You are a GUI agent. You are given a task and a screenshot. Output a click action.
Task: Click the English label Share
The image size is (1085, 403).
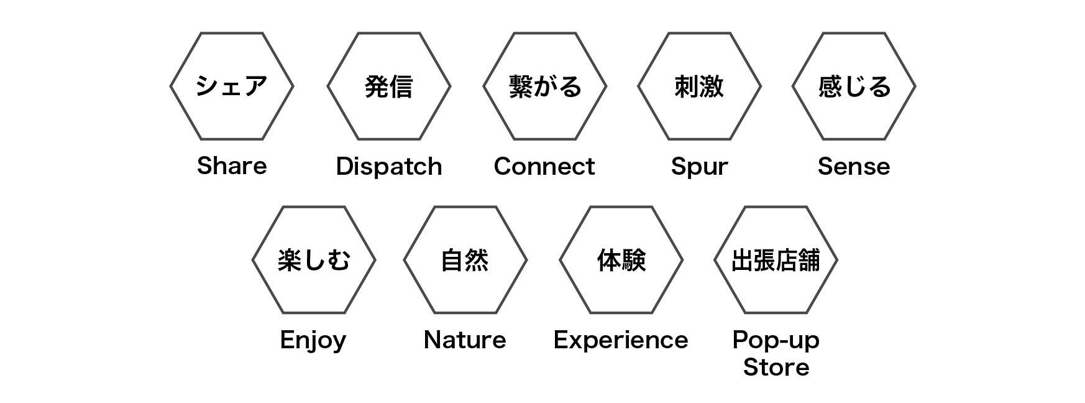click(x=232, y=166)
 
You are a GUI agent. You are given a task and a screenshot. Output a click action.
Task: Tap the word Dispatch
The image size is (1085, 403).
click(x=389, y=167)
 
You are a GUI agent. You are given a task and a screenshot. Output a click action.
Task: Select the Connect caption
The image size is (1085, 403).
click(x=544, y=167)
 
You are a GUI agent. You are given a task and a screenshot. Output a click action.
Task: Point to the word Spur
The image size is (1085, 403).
click(x=699, y=167)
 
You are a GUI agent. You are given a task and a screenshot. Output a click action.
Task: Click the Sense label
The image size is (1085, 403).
click(x=853, y=167)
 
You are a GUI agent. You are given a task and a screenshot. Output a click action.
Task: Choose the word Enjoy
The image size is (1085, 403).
click(x=313, y=341)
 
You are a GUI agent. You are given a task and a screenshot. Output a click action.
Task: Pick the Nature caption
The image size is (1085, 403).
click(x=465, y=340)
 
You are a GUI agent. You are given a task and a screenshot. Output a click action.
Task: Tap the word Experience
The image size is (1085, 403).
click(x=621, y=341)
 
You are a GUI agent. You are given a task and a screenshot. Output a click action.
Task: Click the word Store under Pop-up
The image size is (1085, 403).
click(x=776, y=367)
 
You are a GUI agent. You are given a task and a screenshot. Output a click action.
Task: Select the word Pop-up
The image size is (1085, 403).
click(x=776, y=341)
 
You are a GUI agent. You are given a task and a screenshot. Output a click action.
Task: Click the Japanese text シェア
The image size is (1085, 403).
click(x=232, y=86)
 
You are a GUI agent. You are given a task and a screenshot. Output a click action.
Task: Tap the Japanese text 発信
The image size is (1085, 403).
click(x=389, y=86)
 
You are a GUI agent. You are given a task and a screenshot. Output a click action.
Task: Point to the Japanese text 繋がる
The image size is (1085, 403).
click(x=545, y=86)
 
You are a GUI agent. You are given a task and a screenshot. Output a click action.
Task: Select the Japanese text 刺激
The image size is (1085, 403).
click(x=699, y=86)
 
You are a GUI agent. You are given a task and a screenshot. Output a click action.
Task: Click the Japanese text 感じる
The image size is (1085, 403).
click(x=854, y=86)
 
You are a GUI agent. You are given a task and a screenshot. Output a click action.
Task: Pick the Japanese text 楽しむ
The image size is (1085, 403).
click(x=314, y=260)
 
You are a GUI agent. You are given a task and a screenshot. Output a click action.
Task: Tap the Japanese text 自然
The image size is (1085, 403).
click(x=465, y=260)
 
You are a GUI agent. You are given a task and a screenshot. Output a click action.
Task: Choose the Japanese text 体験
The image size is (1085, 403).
click(x=621, y=260)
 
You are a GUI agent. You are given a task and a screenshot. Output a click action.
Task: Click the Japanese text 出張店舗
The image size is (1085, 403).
click(x=776, y=260)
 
